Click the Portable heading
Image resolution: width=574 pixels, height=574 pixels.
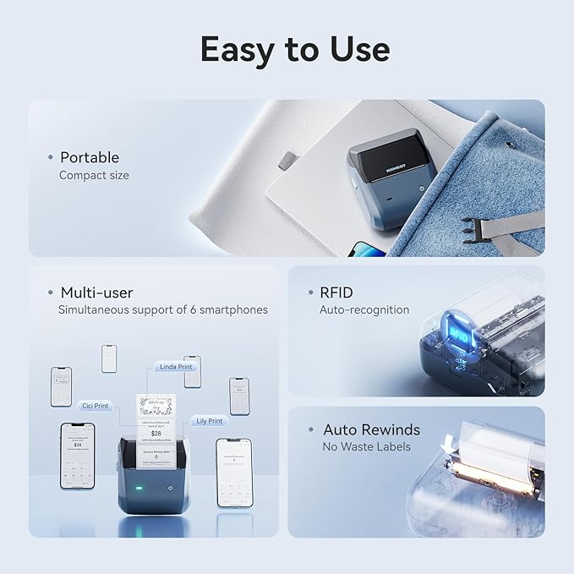coord(89,157)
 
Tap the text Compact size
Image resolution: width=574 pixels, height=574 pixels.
coord(94,175)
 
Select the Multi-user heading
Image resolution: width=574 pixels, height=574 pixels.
coord(96,292)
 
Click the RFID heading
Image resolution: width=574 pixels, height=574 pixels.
coord(336,292)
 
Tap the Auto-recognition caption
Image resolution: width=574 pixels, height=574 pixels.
coord(364,310)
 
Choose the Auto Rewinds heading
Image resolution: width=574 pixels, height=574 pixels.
coord(371,429)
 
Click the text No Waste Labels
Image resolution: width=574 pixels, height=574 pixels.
coord(366,446)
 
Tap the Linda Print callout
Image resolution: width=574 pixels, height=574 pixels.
coord(175,367)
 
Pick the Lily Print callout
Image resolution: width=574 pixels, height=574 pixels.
coord(208,420)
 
